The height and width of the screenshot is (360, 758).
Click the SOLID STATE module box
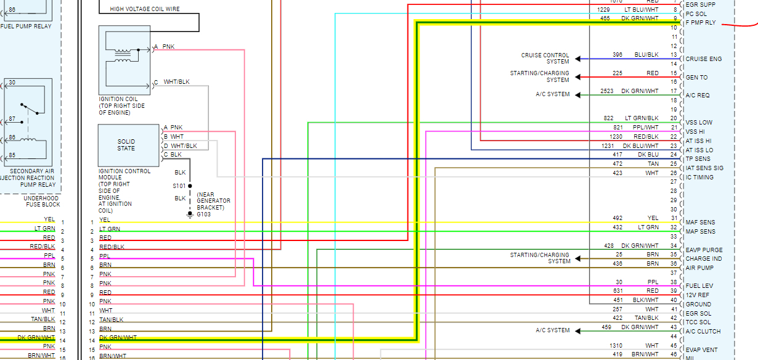coord(127,145)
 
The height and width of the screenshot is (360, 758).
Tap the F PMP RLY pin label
coord(701,23)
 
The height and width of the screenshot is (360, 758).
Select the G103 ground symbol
coord(190,214)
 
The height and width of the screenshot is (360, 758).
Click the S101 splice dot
coord(190,186)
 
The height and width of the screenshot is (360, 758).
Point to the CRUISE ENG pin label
coord(703,59)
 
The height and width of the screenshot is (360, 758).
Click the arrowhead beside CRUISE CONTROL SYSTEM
coord(578,59)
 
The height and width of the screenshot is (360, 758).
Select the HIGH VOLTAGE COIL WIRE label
coord(145,9)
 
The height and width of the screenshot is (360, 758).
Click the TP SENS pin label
coord(698,159)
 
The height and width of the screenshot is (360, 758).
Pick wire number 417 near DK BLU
coord(617,155)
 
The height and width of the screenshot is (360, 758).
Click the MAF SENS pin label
coord(700,223)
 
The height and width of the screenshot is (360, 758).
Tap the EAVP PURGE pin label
coord(704,250)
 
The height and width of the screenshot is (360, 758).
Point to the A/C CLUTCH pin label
coord(703,332)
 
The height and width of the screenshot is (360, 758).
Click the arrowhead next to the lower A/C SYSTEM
coord(578,331)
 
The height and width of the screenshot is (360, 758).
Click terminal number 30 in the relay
coord(12,82)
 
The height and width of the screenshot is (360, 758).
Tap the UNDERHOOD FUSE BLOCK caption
coord(43,201)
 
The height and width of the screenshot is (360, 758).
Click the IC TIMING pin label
coord(699,178)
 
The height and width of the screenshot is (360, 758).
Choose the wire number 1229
coord(603,9)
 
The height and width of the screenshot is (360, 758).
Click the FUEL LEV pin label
coord(699,287)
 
